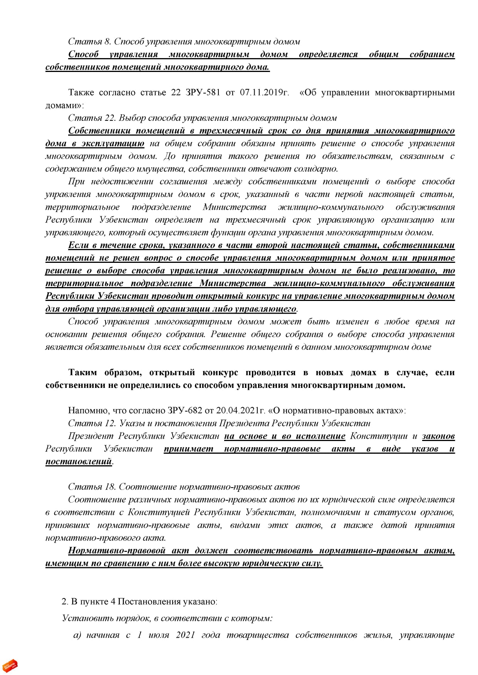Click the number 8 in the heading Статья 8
tap(107, 42)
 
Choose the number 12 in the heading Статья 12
tap(110, 423)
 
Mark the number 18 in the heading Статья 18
tap(110, 487)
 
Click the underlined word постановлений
tap(79, 461)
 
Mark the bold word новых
tap(329, 373)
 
